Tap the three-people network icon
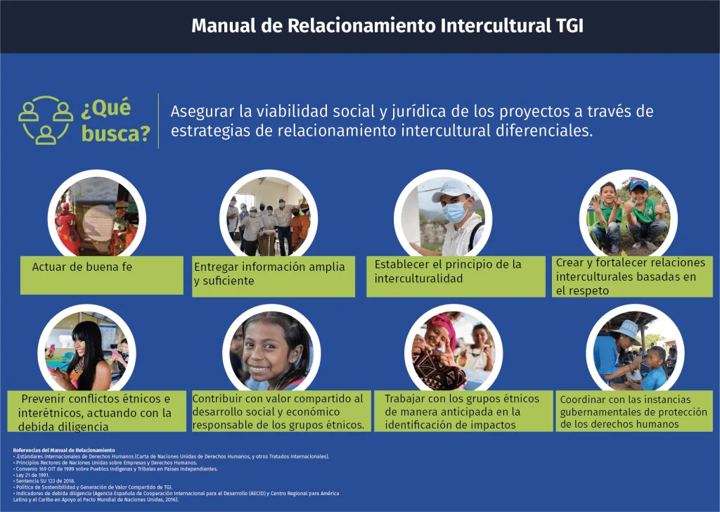point(46,120)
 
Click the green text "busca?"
point(116,134)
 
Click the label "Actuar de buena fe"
point(82,267)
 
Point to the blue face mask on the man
point(455,212)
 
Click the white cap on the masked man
point(451,190)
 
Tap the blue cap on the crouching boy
point(638,184)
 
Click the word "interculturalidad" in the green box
point(418,279)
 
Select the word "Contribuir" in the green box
point(219,399)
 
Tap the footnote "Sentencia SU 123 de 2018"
point(44,481)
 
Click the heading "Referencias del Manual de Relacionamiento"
point(64,451)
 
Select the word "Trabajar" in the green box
point(404,399)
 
